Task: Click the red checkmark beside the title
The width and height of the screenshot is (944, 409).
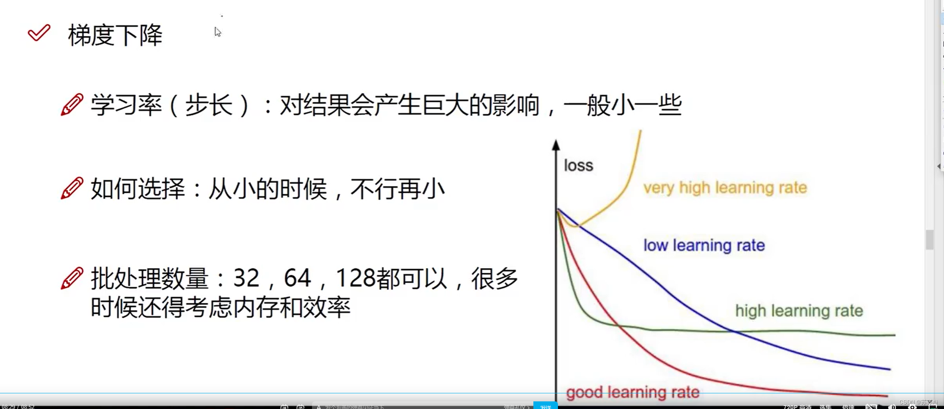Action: click(x=39, y=33)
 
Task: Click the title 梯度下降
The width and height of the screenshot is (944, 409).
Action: click(x=115, y=35)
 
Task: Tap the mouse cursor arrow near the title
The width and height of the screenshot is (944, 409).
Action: click(x=218, y=32)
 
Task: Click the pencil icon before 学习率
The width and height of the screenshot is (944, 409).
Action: click(x=72, y=104)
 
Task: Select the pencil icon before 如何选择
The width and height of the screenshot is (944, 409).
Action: click(x=72, y=188)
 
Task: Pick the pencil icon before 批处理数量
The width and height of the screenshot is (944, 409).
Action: click(x=72, y=278)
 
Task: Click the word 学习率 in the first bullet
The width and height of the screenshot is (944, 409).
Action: click(x=126, y=105)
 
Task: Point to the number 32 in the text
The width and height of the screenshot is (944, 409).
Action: click(x=246, y=278)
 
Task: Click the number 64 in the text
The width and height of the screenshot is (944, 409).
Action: click(x=297, y=278)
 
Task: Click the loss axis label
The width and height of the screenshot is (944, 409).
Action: click(x=578, y=165)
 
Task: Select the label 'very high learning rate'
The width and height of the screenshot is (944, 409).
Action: click(x=725, y=187)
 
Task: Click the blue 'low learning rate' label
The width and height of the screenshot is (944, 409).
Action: click(x=704, y=245)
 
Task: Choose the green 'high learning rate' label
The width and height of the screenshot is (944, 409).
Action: click(x=799, y=311)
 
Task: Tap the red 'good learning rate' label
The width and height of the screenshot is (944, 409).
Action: click(x=632, y=393)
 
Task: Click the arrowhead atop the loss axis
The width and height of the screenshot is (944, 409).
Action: click(x=556, y=145)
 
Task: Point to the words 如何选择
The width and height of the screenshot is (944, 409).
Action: click(x=138, y=189)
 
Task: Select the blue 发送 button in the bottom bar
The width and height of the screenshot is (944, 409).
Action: click(x=545, y=406)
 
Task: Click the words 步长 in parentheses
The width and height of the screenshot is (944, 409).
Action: click(x=209, y=105)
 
